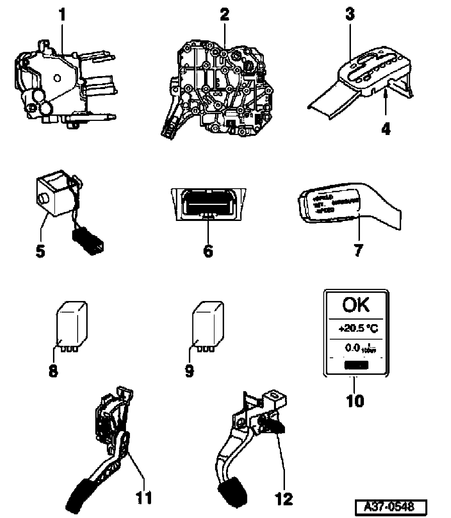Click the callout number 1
[x=62, y=15]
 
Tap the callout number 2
[x=224, y=15]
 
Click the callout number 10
[x=355, y=400]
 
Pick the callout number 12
[x=284, y=499]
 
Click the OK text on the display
[x=355, y=305]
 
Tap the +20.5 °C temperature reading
[x=358, y=329]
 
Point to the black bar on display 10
[x=356, y=366]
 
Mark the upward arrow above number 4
[x=385, y=100]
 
